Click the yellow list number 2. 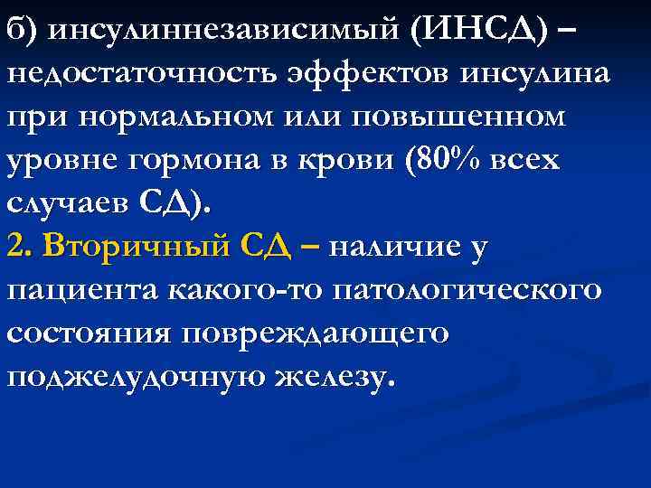(18, 247)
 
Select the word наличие (398, 247)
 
